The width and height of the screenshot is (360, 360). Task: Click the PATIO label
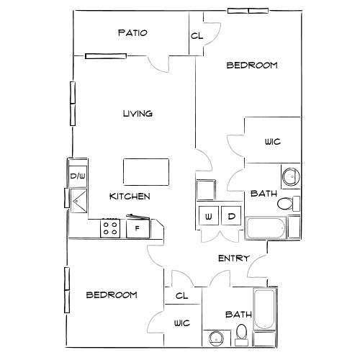click(x=133, y=33)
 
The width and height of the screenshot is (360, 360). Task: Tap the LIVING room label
click(x=137, y=113)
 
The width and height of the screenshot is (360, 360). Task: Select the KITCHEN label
click(x=130, y=196)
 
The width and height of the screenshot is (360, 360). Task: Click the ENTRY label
click(x=233, y=258)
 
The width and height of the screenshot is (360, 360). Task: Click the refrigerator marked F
click(x=137, y=229)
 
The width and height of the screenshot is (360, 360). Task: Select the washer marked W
click(x=209, y=216)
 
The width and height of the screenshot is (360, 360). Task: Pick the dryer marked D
click(x=232, y=216)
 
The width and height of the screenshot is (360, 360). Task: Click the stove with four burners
click(x=110, y=229)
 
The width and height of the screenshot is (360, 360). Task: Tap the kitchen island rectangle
click(x=145, y=172)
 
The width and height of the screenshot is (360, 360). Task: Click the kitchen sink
click(x=77, y=198)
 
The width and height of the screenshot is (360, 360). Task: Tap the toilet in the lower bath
click(x=242, y=333)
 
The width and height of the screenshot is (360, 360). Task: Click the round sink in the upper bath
click(x=290, y=176)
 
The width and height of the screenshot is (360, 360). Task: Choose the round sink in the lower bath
click(x=215, y=337)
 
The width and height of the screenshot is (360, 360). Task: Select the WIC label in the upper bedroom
click(x=272, y=142)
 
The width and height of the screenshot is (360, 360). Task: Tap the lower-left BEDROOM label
click(x=112, y=295)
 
